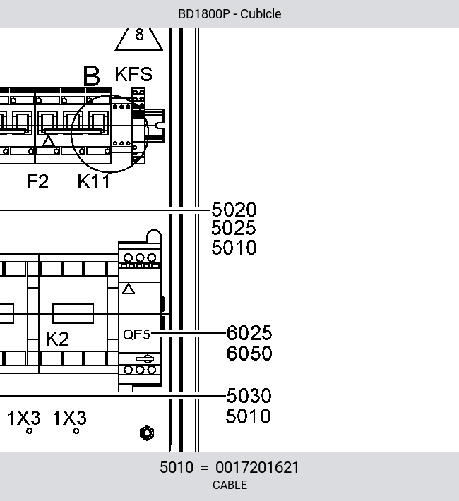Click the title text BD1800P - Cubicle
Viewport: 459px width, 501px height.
pos(229,14)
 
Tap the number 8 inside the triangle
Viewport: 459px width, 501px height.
pos(139,34)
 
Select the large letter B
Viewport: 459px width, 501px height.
pos(92,76)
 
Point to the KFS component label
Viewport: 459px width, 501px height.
pos(133,74)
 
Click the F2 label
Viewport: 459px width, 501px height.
pos(37,181)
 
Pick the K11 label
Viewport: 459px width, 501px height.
pos(94,181)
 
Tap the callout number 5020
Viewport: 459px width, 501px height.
pos(234,210)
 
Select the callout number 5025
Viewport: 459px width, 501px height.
pos(234,228)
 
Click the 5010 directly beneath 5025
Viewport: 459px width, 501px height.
pos(234,247)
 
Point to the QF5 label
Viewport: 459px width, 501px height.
pos(136,334)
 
